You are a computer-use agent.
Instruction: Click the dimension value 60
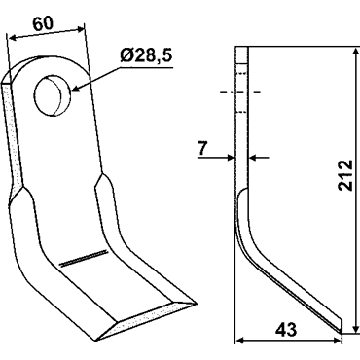[43, 24]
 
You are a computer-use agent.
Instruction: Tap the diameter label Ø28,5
[146, 57]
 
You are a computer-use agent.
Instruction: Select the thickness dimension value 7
[202, 149]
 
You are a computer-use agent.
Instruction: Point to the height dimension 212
[344, 175]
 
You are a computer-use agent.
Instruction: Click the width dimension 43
[286, 330]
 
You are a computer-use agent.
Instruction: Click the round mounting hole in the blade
[53, 95]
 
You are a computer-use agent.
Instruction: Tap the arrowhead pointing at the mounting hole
[75, 89]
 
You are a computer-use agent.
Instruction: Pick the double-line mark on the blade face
[84, 258]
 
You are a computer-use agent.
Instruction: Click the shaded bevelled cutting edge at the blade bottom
[146, 320]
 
